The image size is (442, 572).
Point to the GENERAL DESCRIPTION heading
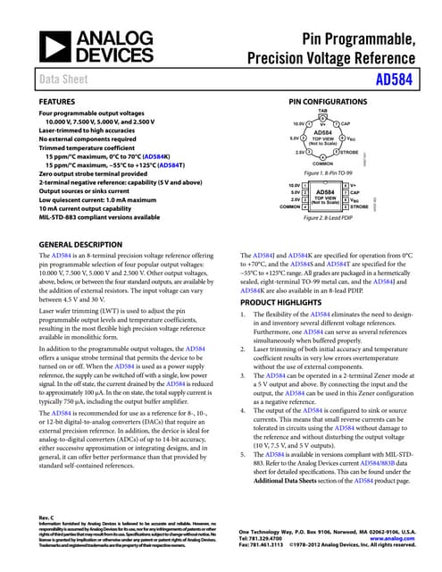[81, 243]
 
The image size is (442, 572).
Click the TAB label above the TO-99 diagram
[322, 111]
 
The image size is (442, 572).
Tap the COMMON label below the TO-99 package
[322, 164]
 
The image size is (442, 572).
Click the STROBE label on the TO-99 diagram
[353, 151]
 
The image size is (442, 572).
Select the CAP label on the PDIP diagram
[354, 192]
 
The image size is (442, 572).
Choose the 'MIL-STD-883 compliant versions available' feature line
[99, 217]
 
